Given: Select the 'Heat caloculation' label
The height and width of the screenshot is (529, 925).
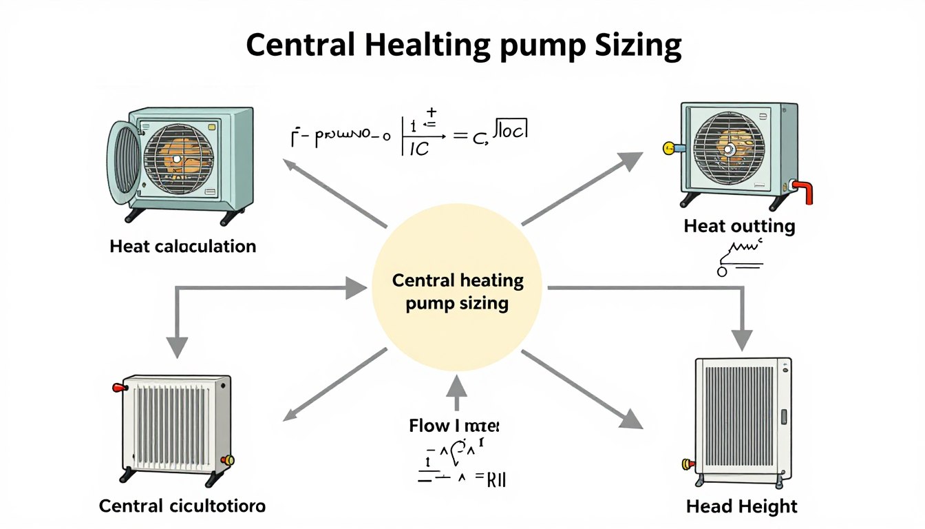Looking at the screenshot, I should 182,246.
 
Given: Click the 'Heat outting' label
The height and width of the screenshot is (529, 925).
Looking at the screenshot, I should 739,226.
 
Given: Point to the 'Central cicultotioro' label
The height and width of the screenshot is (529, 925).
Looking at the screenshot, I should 182,506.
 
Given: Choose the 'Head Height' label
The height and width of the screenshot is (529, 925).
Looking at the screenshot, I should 742,507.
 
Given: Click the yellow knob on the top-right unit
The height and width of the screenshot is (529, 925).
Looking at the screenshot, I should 668,147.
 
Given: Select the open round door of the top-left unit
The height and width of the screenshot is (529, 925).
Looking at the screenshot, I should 123,163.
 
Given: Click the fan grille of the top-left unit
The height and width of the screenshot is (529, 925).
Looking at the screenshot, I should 178,158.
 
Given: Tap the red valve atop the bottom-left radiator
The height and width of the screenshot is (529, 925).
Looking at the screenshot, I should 118,388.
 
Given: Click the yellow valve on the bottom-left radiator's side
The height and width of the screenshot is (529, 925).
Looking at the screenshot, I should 228,460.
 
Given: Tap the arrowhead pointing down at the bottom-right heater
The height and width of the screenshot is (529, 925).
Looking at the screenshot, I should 742,339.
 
